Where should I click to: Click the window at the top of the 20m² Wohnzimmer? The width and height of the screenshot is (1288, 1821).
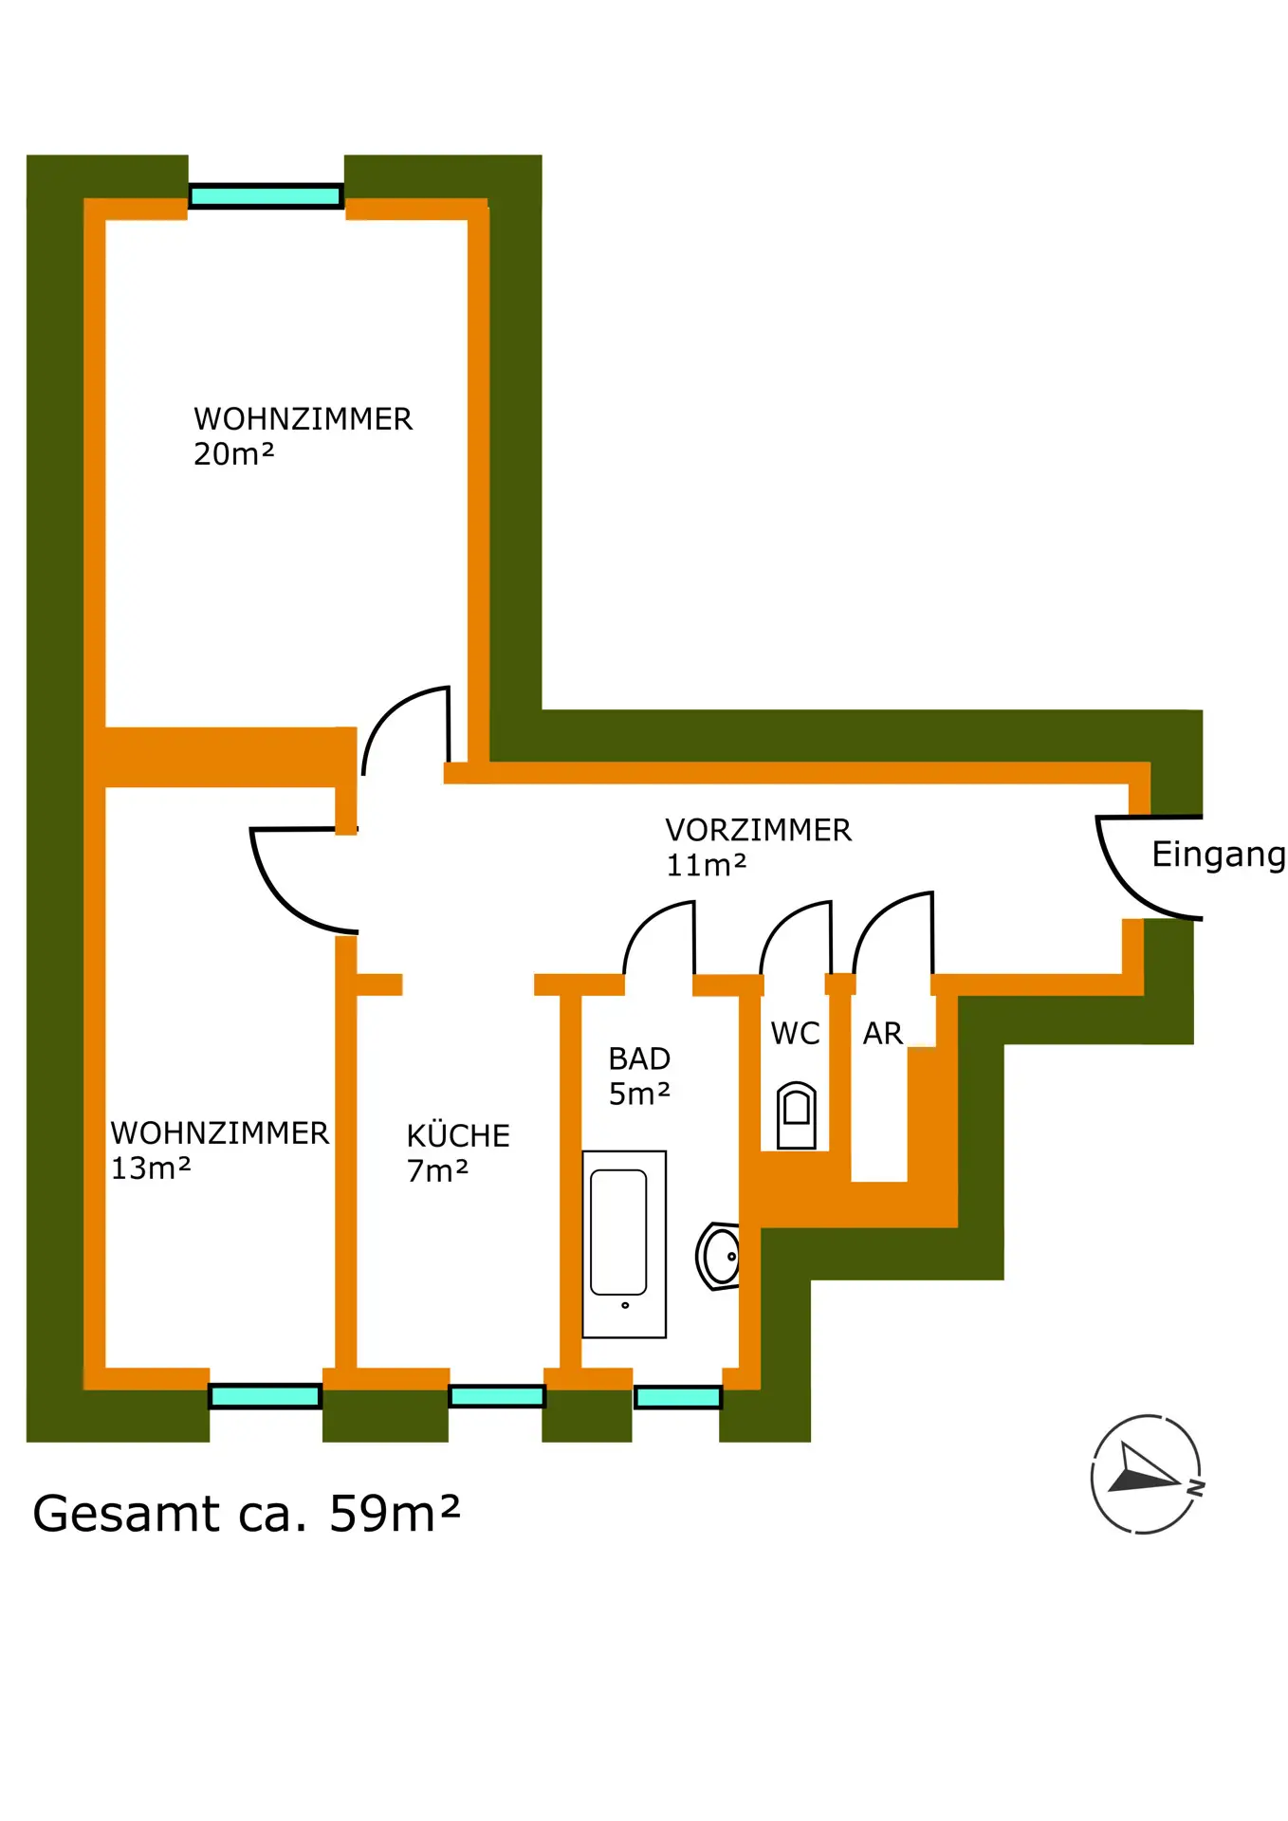pyautogui.click(x=266, y=196)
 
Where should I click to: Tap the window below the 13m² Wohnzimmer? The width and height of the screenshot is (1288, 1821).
pyautogui.click(x=266, y=1395)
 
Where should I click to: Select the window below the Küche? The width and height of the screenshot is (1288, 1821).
pyautogui.click(x=497, y=1395)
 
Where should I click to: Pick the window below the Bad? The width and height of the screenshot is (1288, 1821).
pyautogui.click(x=678, y=1396)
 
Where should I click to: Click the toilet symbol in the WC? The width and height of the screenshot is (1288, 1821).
pyautogui.click(x=797, y=1115)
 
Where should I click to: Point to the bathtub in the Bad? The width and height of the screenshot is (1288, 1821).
pyautogui.click(x=623, y=1243)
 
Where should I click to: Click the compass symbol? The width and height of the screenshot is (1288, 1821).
pyautogui.click(x=1146, y=1473)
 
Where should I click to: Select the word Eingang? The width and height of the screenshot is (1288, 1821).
pyautogui.click(x=1218, y=855)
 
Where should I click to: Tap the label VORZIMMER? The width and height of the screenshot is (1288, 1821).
pyautogui.click(x=758, y=831)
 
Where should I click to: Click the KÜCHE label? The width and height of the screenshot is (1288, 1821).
pyautogui.click(x=458, y=1136)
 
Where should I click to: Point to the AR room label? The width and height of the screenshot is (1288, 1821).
pyautogui.click(x=882, y=1034)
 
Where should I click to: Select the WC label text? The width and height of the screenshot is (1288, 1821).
pyautogui.click(x=795, y=1034)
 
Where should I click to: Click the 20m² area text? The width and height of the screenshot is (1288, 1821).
pyautogui.click(x=233, y=455)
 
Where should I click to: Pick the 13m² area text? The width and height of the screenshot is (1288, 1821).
pyautogui.click(x=151, y=1168)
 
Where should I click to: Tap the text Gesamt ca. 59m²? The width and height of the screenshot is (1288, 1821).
pyautogui.click(x=246, y=1513)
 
